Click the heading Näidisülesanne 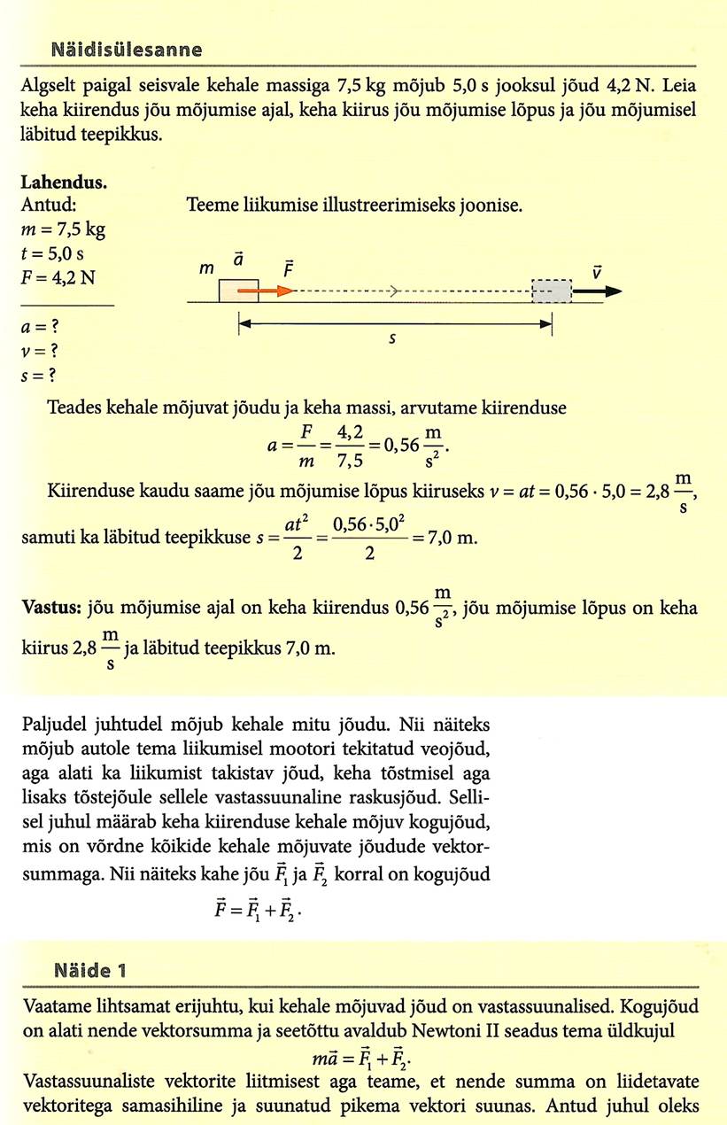pyautogui.click(x=126, y=50)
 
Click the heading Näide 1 pyautogui.click(x=90, y=970)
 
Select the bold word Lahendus pyautogui.click(x=63, y=183)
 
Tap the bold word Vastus pyautogui.click(x=50, y=610)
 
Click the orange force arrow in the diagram pyautogui.click(x=266, y=290)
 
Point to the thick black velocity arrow pyautogui.click(x=599, y=291)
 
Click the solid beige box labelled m pyautogui.click(x=239, y=291)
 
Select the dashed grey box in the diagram pyautogui.click(x=552, y=291)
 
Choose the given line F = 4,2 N pyautogui.click(x=58, y=275)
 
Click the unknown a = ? pyautogui.click(x=38, y=327)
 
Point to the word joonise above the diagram pyautogui.click(x=492, y=206)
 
